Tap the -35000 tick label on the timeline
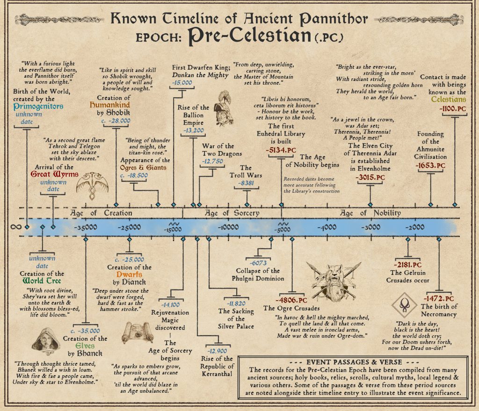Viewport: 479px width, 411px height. [85, 228]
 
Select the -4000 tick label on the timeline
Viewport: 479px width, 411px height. [326, 228]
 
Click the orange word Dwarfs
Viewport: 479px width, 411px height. [130, 275]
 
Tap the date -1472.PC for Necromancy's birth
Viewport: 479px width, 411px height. [438, 298]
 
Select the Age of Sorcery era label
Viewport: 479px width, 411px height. [232, 213]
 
